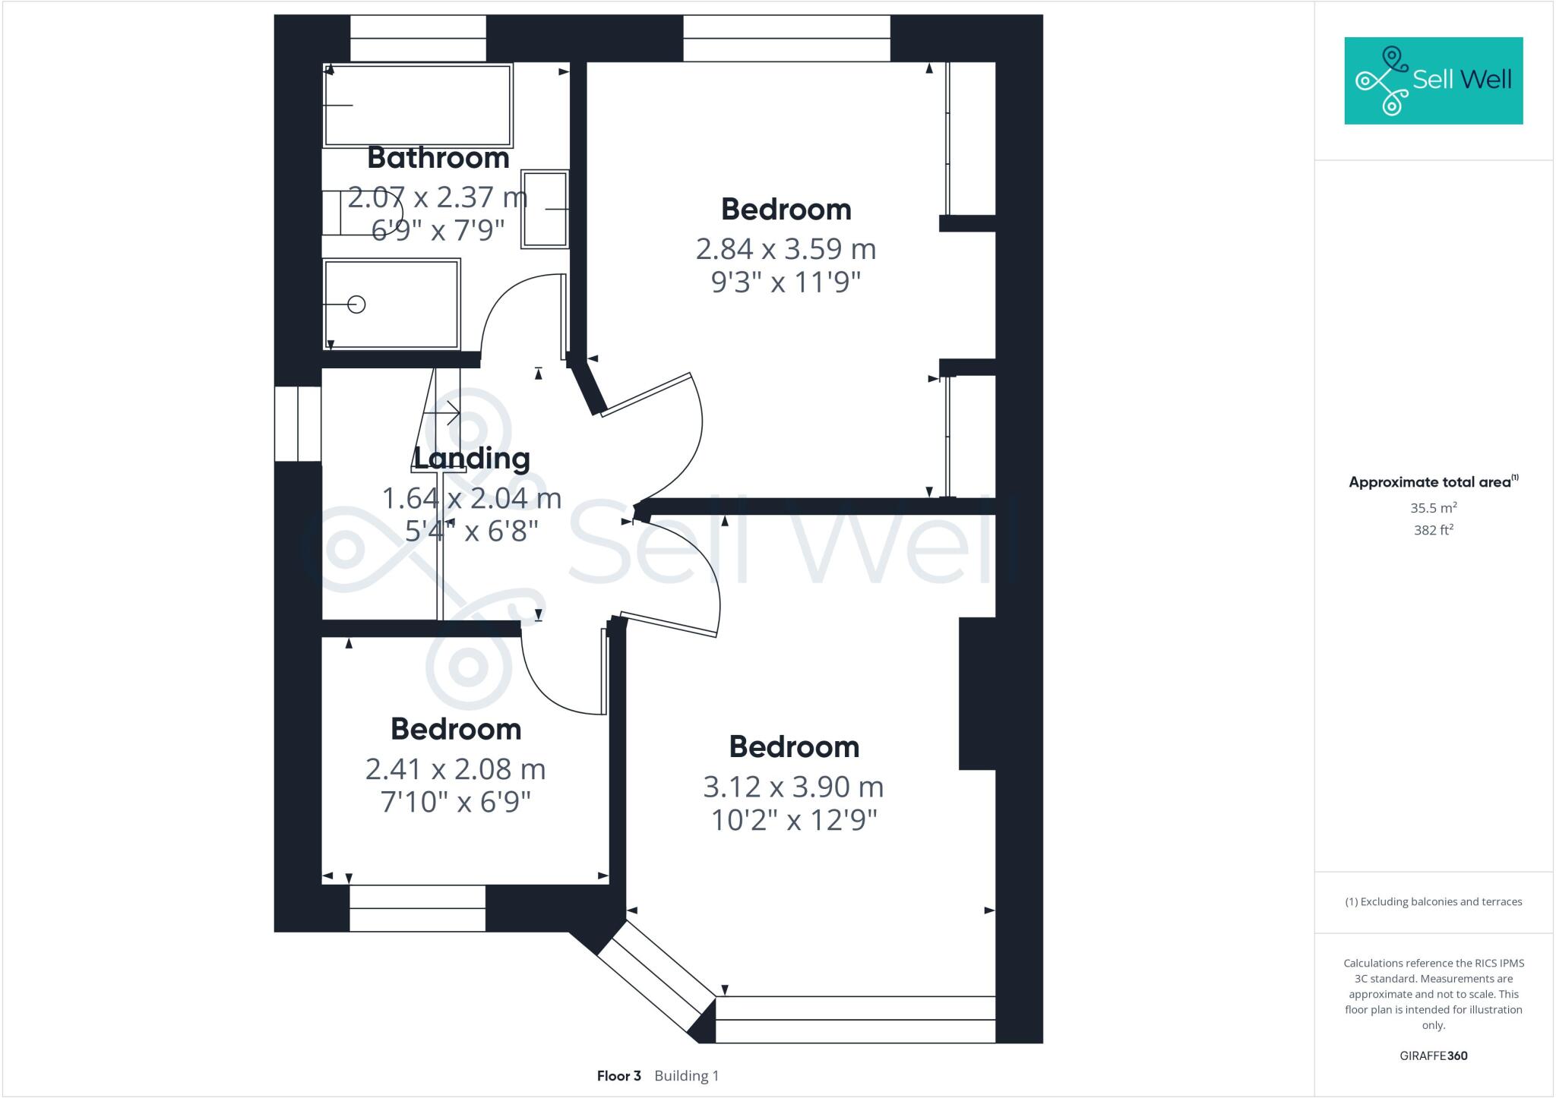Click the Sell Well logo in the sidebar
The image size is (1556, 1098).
coord(1433,80)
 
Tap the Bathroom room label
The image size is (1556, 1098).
coord(438,158)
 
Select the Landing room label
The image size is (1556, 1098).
coord(471,459)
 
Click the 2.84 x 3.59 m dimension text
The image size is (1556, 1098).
coord(786,249)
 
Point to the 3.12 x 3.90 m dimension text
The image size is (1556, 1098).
coord(793,787)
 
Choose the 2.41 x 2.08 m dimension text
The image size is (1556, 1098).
coord(455,769)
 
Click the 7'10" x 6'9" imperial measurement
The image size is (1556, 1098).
coord(455,802)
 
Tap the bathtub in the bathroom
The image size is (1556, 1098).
coord(418,105)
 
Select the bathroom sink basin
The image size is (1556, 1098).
coord(545,209)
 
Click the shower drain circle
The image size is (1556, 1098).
coord(356,304)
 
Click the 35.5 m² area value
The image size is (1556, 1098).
coord(1433,508)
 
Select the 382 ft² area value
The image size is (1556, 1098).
coord(1433,530)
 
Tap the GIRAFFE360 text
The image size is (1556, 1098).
coord(1433,1055)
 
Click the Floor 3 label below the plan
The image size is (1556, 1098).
coord(618,1076)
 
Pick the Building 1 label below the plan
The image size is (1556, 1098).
coord(686,1076)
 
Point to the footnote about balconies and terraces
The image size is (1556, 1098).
coord(1433,902)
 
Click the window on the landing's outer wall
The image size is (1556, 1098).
coord(298,424)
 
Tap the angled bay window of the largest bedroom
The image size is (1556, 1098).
coord(656,980)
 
